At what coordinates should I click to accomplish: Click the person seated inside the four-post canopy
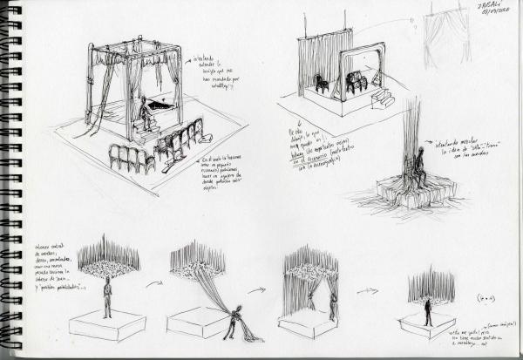tap(144, 113)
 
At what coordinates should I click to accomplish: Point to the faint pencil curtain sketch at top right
tap(446, 39)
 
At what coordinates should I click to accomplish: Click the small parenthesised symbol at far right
tap(483, 298)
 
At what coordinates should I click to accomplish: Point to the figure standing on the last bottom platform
tap(429, 313)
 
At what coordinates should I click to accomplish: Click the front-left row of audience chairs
tap(130, 158)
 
